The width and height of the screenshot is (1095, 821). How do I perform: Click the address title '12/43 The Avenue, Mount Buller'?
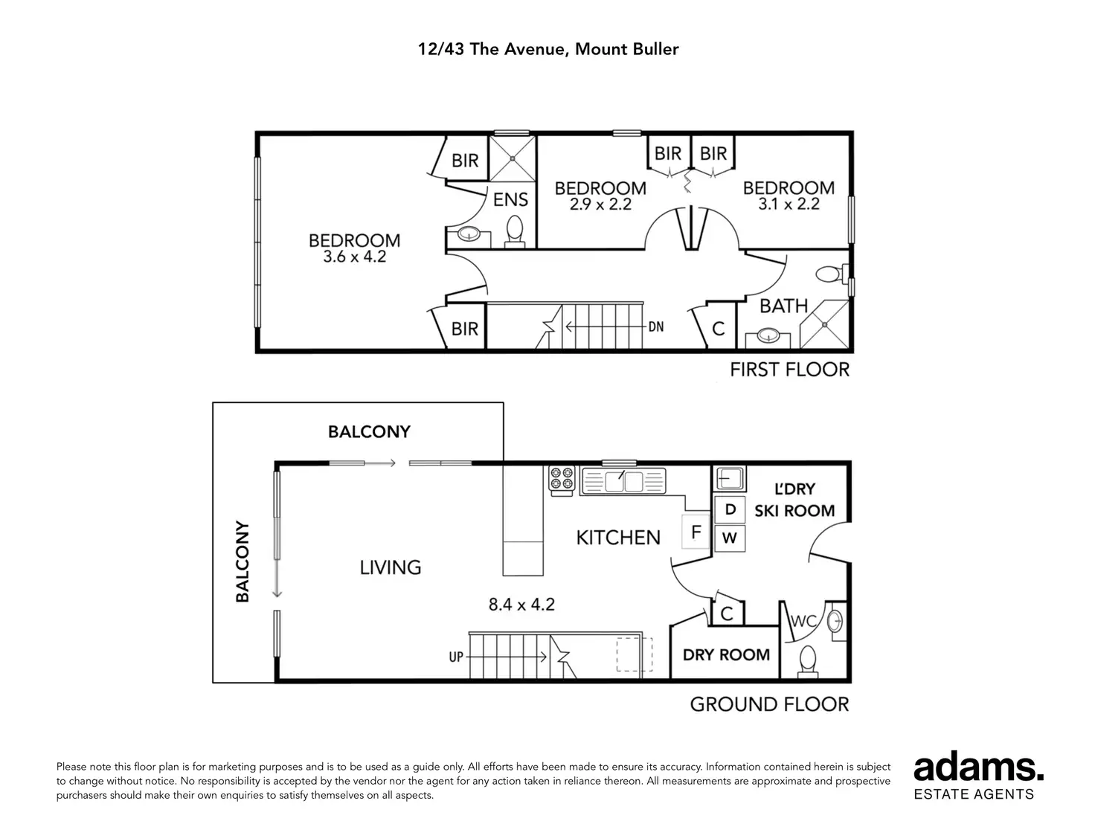coord(547,50)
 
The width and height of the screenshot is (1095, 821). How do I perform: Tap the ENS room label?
coord(510,199)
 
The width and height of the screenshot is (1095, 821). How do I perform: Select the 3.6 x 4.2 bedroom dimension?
coord(354,257)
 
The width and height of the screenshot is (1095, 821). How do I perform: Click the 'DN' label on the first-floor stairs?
coord(655,326)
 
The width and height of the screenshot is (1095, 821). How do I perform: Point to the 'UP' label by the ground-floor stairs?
coord(457,657)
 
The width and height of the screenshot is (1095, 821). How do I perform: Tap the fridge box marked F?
coord(696,532)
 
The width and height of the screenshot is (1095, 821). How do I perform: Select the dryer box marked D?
coord(730,509)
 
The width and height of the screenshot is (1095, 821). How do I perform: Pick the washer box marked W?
coord(730,538)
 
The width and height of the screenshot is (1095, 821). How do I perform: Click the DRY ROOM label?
coord(726,655)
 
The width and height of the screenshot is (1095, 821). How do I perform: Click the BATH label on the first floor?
coord(783,306)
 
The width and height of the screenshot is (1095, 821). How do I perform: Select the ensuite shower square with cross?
coord(513,158)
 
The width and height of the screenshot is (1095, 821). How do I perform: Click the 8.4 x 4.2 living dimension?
coord(521,605)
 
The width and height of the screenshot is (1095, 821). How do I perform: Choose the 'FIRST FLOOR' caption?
coord(789,370)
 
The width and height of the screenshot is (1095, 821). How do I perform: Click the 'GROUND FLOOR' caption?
coord(769,704)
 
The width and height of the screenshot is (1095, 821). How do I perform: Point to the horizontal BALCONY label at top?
coord(369,432)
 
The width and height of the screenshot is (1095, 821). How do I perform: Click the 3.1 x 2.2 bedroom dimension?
coord(789,204)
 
